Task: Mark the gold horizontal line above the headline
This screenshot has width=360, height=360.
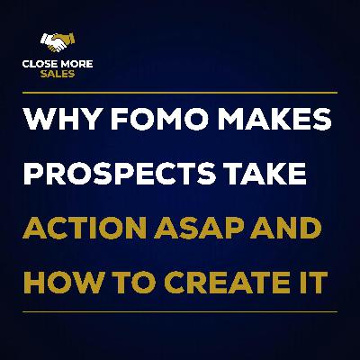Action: [180, 92]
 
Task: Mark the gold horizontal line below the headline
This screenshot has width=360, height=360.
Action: [180, 311]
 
